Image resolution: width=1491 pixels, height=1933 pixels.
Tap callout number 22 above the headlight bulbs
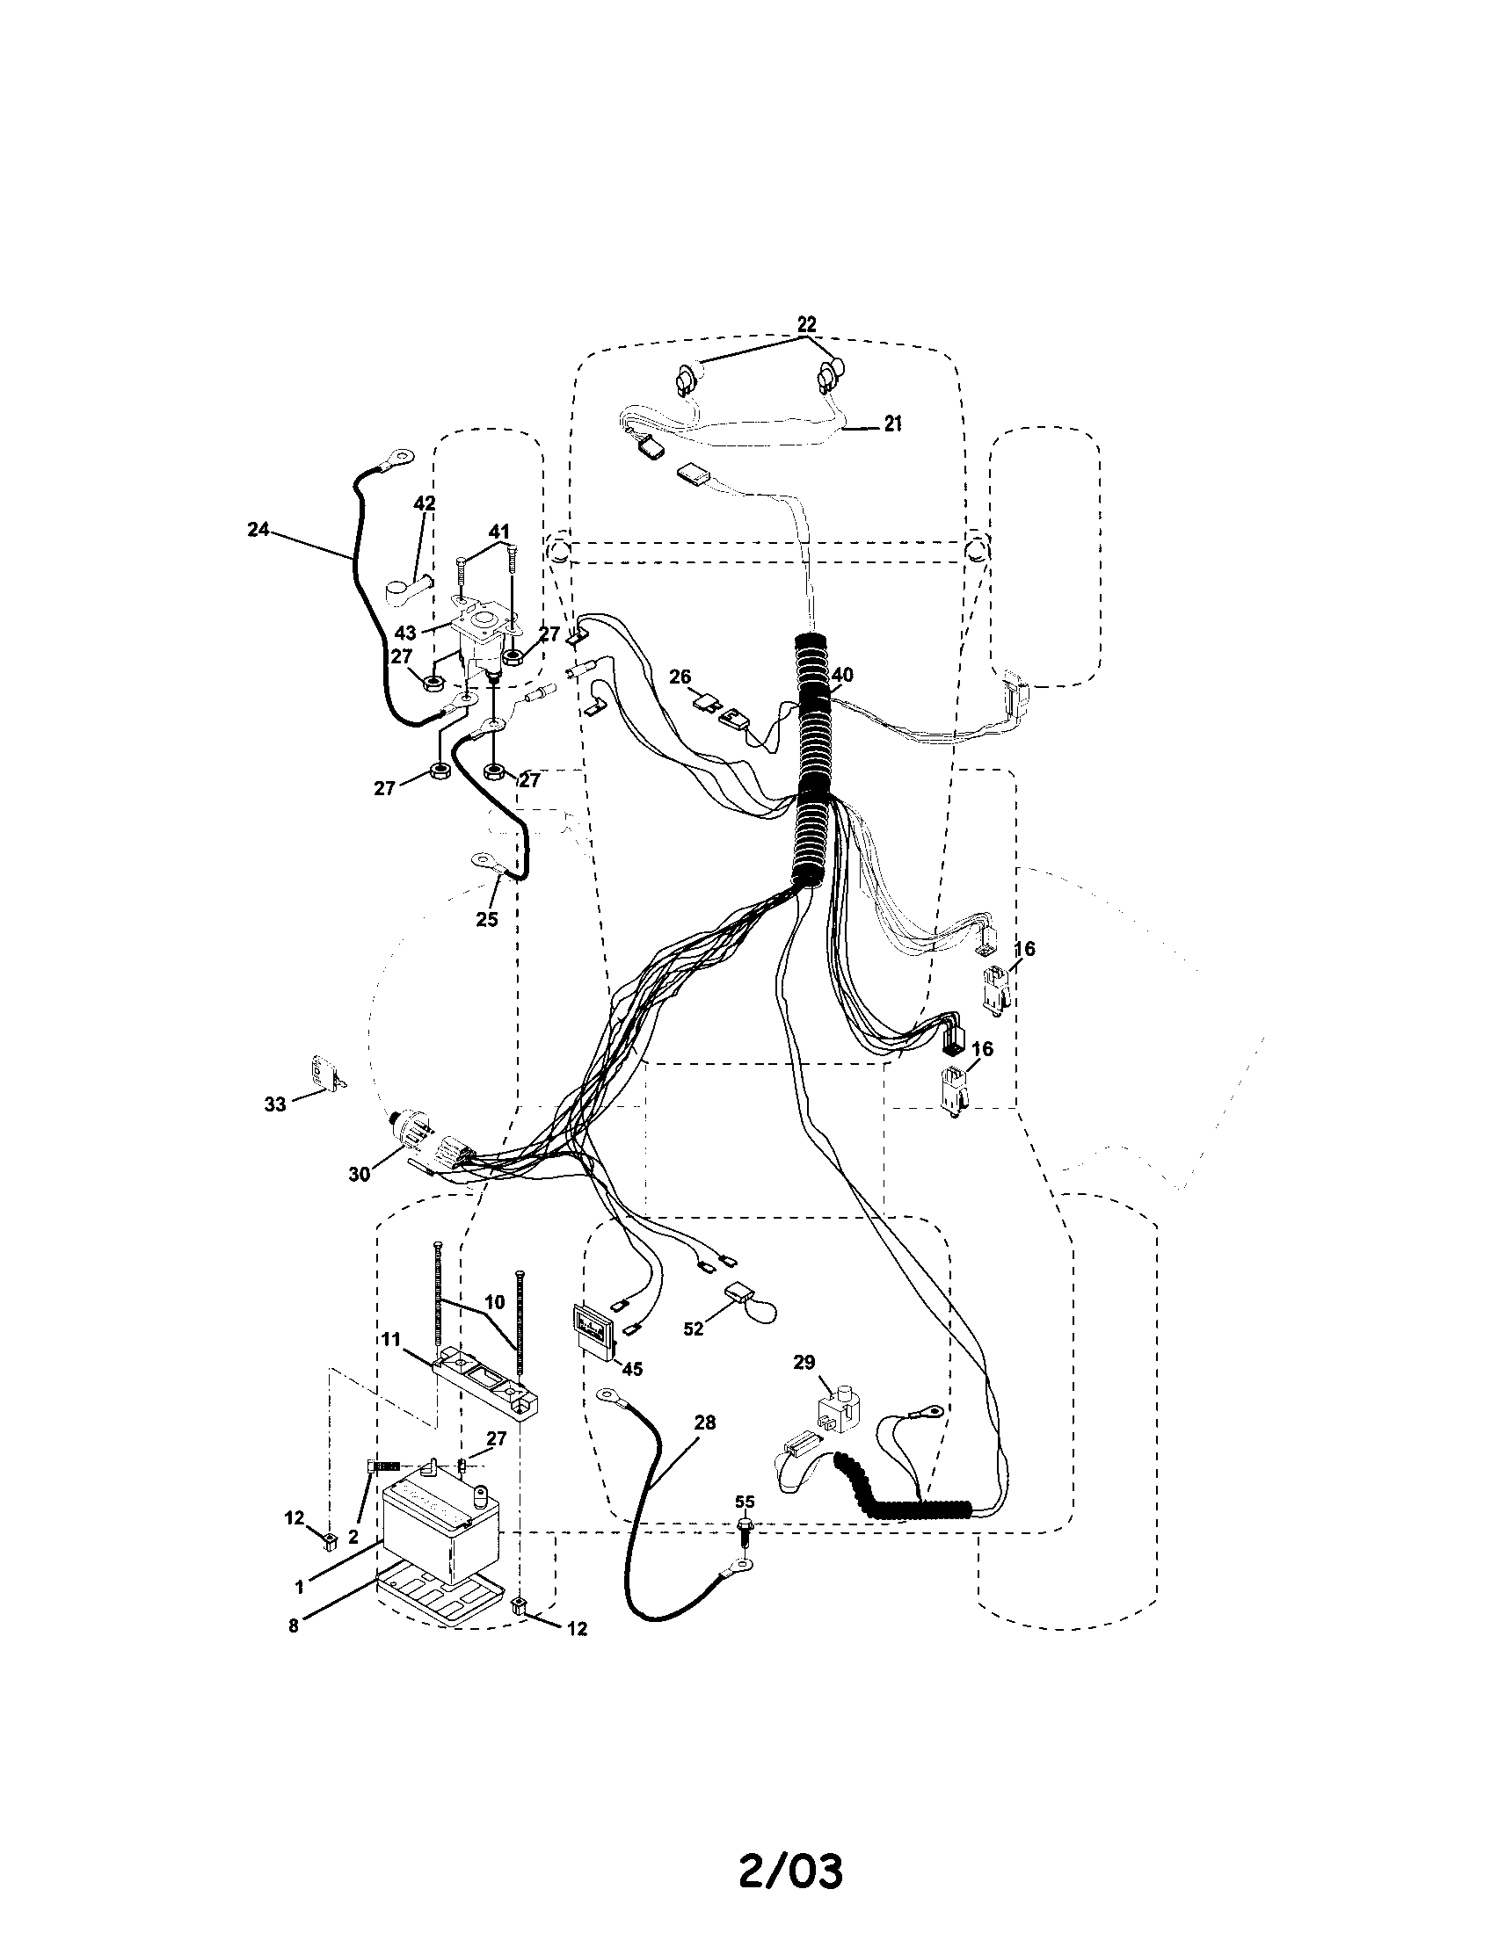tap(806, 323)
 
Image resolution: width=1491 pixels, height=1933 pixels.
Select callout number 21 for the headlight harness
tap(892, 424)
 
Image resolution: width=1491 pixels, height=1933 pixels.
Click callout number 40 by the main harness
tap(842, 675)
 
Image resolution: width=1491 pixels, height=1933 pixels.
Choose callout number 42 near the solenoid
tap(424, 503)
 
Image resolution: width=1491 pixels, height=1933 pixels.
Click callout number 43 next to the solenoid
tap(405, 633)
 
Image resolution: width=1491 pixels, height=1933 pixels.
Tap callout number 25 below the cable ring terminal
tap(486, 920)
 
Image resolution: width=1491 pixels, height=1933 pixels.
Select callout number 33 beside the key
tap(275, 1104)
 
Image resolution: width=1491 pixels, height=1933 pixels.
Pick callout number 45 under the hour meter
tap(631, 1368)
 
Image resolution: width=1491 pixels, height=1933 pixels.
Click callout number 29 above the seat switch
tap(804, 1362)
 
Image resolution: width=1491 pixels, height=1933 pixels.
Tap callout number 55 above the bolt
tap(745, 1502)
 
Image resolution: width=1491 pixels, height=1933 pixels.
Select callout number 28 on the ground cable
tap(705, 1423)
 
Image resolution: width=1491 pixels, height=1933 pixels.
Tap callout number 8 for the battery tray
tap(293, 1625)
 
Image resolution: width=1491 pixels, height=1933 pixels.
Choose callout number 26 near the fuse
tap(680, 677)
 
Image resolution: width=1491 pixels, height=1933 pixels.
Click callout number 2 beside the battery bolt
tap(353, 1538)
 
